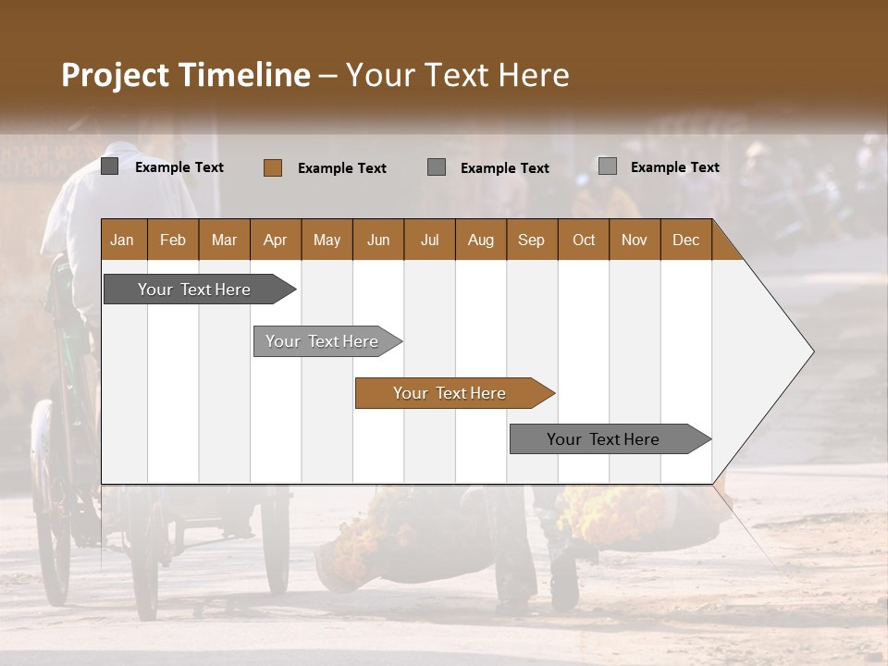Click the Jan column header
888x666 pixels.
pyautogui.click(x=123, y=240)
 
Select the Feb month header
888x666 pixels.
pyautogui.click(x=173, y=240)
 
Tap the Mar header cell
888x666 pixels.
pyautogui.click(x=224, y=240)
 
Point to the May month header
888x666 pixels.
pyautogui.click(x=327, y=240)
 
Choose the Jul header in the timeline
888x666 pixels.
pyautogui.click(x=429, y=240)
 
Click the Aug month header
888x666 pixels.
pyautogui.click(x=480, y=240)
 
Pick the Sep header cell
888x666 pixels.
pyautogui.click(x=531, y=240)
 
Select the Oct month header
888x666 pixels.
pyautogui.click(x=584, y=240)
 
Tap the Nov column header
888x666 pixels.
pyautogui.click(x=635, y=240)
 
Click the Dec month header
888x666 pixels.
pyautogui.click(x=685, y=240)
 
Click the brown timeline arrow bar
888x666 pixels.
pyautogui.click(x=453, y=393)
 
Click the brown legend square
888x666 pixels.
pyautogui.click(x=273, y=167)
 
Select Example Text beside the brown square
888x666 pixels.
pyautogui.click(x=341, y=168)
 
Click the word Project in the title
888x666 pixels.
pyautogui.click(x=116, y=75)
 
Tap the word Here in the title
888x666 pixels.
pyautogui.click(x=534, y=75)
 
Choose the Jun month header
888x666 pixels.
pyautogui.click(x=378, y=240)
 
